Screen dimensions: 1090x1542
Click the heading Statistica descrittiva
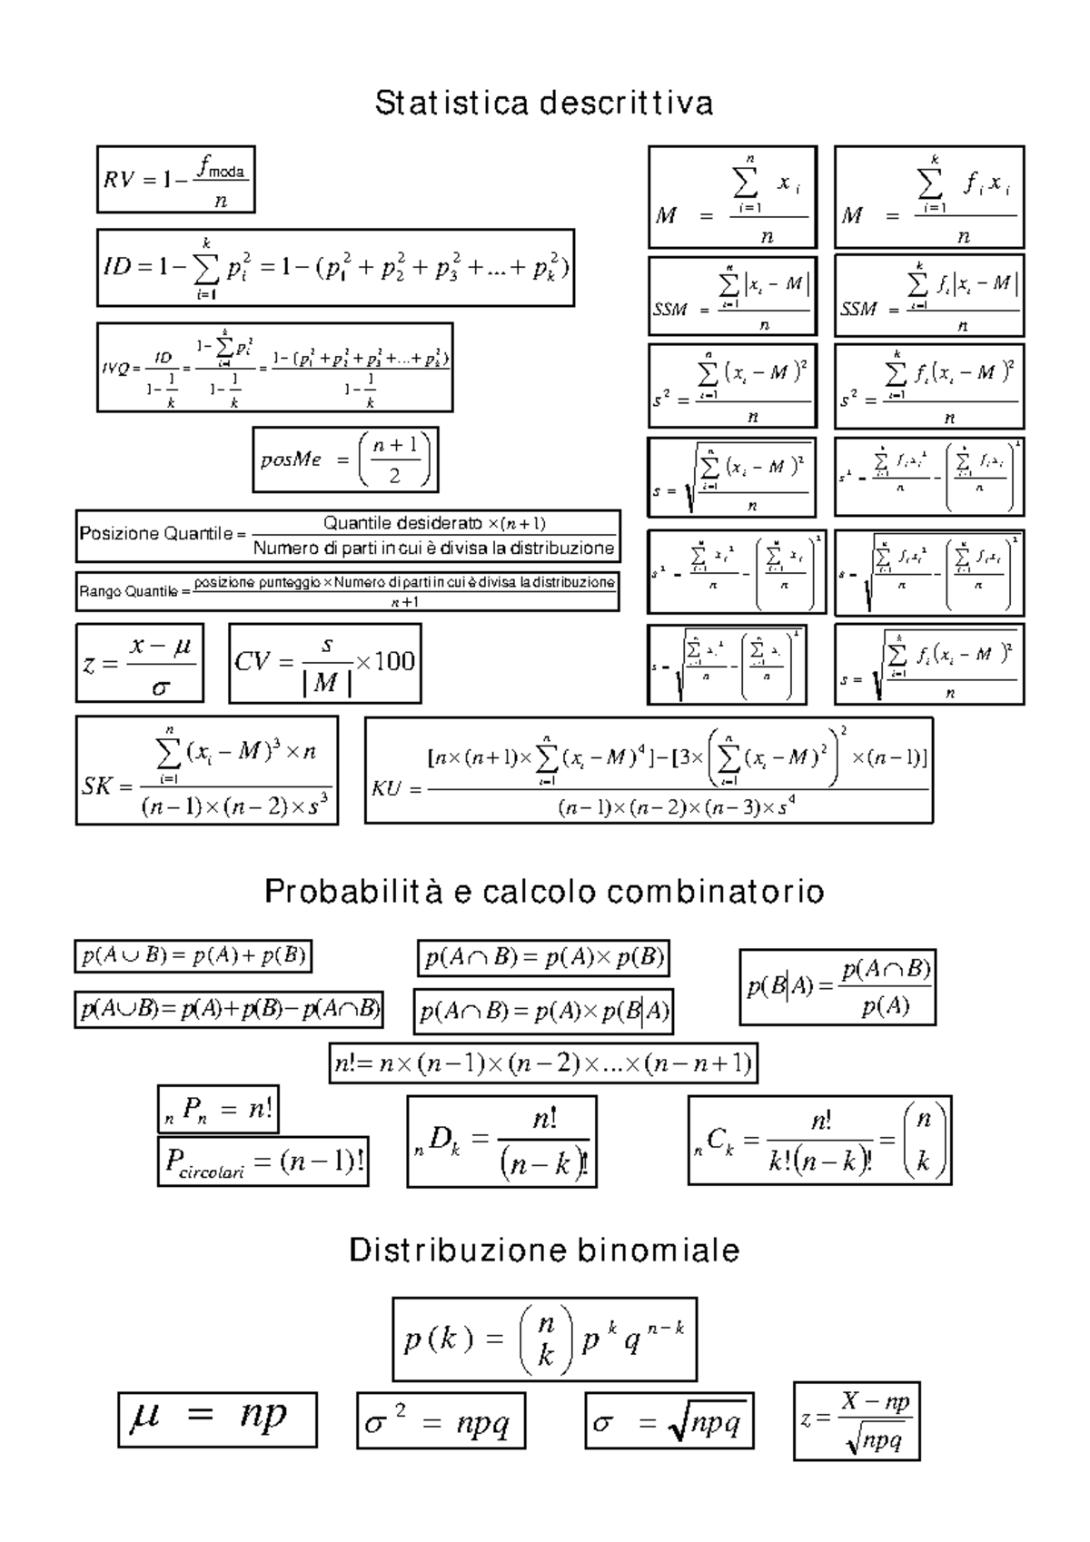tap(544, 103)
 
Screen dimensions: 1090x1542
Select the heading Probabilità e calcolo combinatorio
tap(544, 892)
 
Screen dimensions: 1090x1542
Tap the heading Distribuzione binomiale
tap(544, 1250)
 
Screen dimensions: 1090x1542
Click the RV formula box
tap(175, 179)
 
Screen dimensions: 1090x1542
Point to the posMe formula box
tap(345, 460)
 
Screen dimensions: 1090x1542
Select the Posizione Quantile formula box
tap(348, 536)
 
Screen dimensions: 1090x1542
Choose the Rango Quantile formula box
tap(348, 591)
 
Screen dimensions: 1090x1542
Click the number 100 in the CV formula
tap(395, 661)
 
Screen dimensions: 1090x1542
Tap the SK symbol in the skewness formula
tap(95, 786)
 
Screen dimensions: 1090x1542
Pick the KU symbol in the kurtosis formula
tap(386, 788)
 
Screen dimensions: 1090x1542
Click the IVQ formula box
tap(274, 368)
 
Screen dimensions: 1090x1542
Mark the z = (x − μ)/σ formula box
tap(139, 663)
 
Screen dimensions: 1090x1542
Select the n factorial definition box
tap(543, 1063)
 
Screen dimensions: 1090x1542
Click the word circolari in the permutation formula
tap(212, 1172)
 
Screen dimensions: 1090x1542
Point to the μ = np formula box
tap(217, 1418)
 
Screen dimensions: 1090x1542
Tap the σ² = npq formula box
tap(441, 1420)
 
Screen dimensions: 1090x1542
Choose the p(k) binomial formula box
tap(544, 1339)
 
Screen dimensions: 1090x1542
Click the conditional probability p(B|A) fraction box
tap(837, 987)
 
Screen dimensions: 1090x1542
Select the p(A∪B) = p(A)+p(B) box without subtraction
tap(193, 955)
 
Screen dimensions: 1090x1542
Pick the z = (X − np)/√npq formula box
tap(857, 1421)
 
